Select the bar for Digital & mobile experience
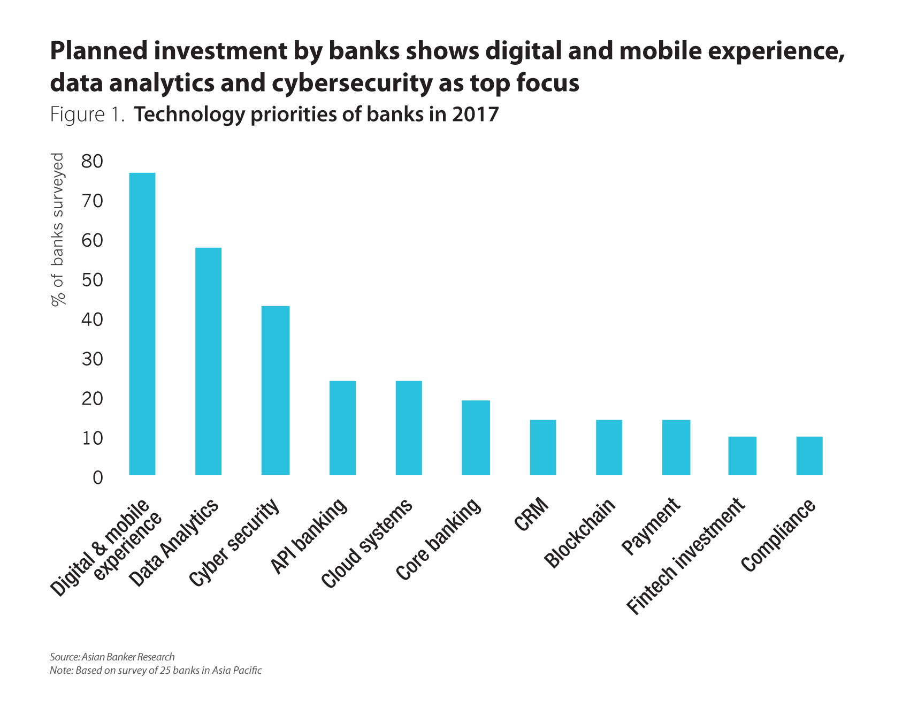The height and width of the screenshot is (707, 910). [x=142, y=324]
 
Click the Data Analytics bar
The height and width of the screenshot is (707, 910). [x=208, y=361]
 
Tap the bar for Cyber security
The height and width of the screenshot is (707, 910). [x=276, y=390]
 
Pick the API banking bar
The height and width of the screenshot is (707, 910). [x=342, y=428]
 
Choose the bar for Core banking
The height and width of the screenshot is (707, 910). [x=476, y=437]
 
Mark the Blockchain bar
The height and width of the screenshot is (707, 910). [x=609, y=447]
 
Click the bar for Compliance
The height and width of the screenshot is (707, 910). [x=809, y=455]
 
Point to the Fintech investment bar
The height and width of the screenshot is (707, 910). [x=742, y=455]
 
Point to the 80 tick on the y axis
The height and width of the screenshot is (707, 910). [x=92, y=161]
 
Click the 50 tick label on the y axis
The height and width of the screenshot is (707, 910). [x=92, y=280]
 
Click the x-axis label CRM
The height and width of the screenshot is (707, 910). [x=532, y=514]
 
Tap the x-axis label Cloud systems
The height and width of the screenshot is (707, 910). [x=367, y=543]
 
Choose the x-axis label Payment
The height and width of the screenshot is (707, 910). [x=651, y=527]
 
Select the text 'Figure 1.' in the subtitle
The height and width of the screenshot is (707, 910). [x=87, y=115]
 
